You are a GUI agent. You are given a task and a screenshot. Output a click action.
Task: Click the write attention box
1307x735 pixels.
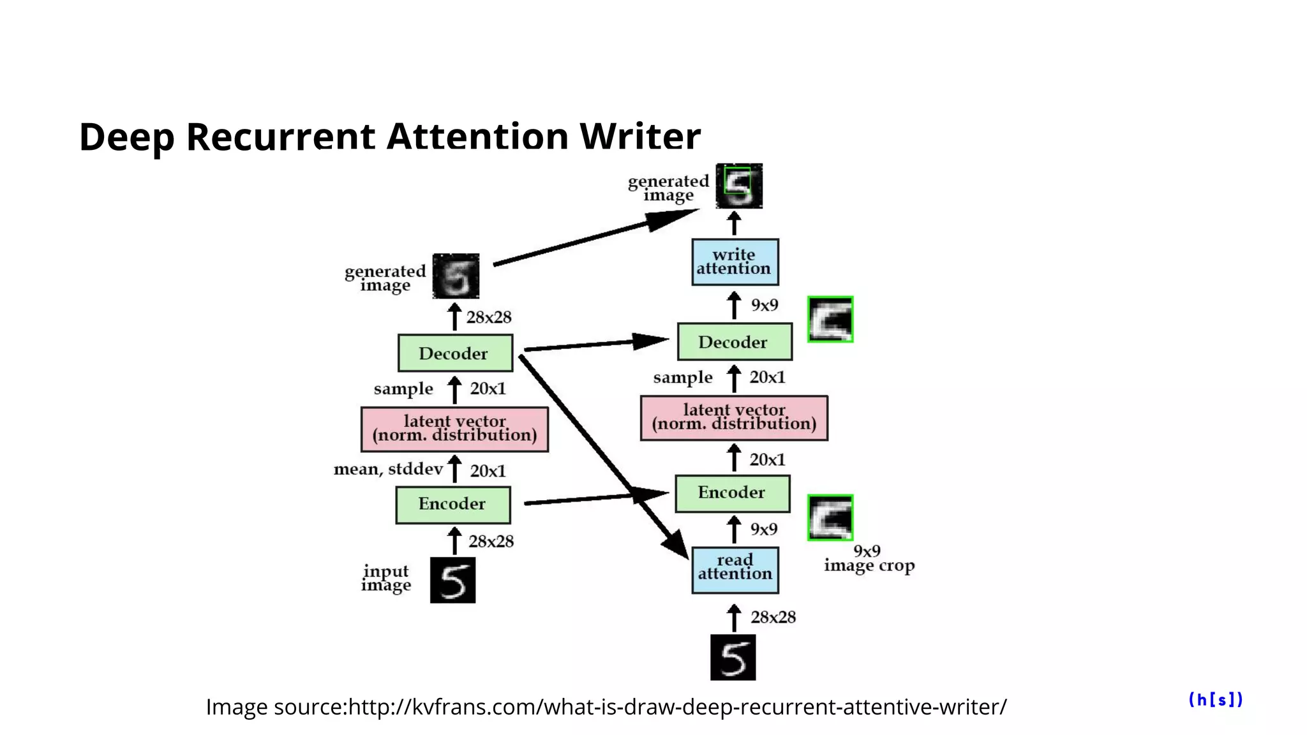(x=735, y=262)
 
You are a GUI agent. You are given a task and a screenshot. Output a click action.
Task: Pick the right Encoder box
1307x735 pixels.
(x=732, y=493)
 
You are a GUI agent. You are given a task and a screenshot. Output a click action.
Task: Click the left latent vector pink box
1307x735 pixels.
(x=454, y=429)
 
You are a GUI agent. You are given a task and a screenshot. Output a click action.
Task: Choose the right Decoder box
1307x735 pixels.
(x=734, y=342)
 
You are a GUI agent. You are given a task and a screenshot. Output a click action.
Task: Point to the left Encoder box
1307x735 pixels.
(x=452, y=505)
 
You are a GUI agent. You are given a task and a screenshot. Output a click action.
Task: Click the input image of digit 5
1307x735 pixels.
(x=452, y=580)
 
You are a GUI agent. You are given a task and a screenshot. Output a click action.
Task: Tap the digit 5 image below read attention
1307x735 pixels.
(x=733, y=657)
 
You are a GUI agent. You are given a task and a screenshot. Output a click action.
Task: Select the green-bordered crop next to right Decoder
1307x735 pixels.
(x=830, y=319)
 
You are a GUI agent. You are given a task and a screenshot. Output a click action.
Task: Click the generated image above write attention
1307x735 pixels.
(x=739, y=186)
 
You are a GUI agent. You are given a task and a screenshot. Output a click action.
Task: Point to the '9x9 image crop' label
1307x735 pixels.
(x=869, y=559)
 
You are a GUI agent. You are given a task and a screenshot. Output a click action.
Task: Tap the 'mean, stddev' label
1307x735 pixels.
(x=388, y=470)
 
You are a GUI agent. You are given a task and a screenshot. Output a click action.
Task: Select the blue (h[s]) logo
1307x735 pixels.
(x=1216, y=700)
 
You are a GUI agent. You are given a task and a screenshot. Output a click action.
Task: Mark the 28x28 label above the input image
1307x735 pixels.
(x=491, y=541)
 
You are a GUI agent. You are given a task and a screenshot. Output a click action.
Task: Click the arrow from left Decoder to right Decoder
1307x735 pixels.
(x=594, y=344)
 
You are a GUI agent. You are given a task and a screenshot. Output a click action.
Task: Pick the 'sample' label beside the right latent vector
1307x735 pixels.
(x=682, y=378)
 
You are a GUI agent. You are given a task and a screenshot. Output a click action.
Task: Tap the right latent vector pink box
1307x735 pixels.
(x=734, y=418)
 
